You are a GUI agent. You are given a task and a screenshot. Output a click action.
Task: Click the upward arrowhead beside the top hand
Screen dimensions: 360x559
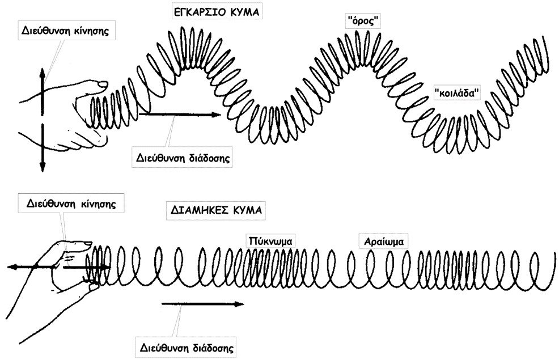[42, 73]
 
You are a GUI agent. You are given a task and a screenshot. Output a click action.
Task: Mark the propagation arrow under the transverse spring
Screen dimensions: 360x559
[178, 115]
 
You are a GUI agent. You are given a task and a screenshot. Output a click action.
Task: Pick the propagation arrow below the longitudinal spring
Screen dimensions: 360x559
[202, 304]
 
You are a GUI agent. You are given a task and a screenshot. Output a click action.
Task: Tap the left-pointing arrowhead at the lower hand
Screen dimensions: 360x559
[10, 266]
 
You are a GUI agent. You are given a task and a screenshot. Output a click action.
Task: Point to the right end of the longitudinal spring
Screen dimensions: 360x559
[554, 262]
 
